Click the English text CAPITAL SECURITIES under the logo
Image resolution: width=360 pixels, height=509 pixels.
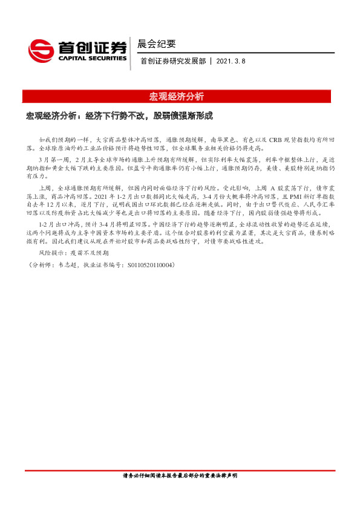click(93, 59)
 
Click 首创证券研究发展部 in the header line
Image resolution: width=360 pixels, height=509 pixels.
click(173, 61)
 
